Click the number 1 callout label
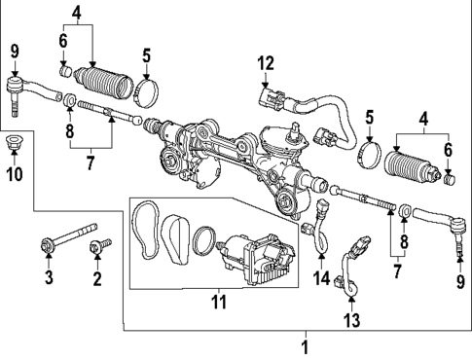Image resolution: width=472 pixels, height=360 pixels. (x=305, y=346)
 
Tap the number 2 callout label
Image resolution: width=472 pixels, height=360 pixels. (x=96, y=280)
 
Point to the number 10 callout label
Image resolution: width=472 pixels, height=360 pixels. (x=14, y=175)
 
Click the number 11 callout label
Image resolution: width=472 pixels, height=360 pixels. (x=217, y=303)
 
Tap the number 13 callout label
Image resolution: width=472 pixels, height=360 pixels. (x=352, y=319)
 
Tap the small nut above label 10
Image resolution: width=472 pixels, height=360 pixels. (x=14, y=146)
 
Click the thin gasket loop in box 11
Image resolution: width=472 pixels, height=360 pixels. (x=149, y=228)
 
